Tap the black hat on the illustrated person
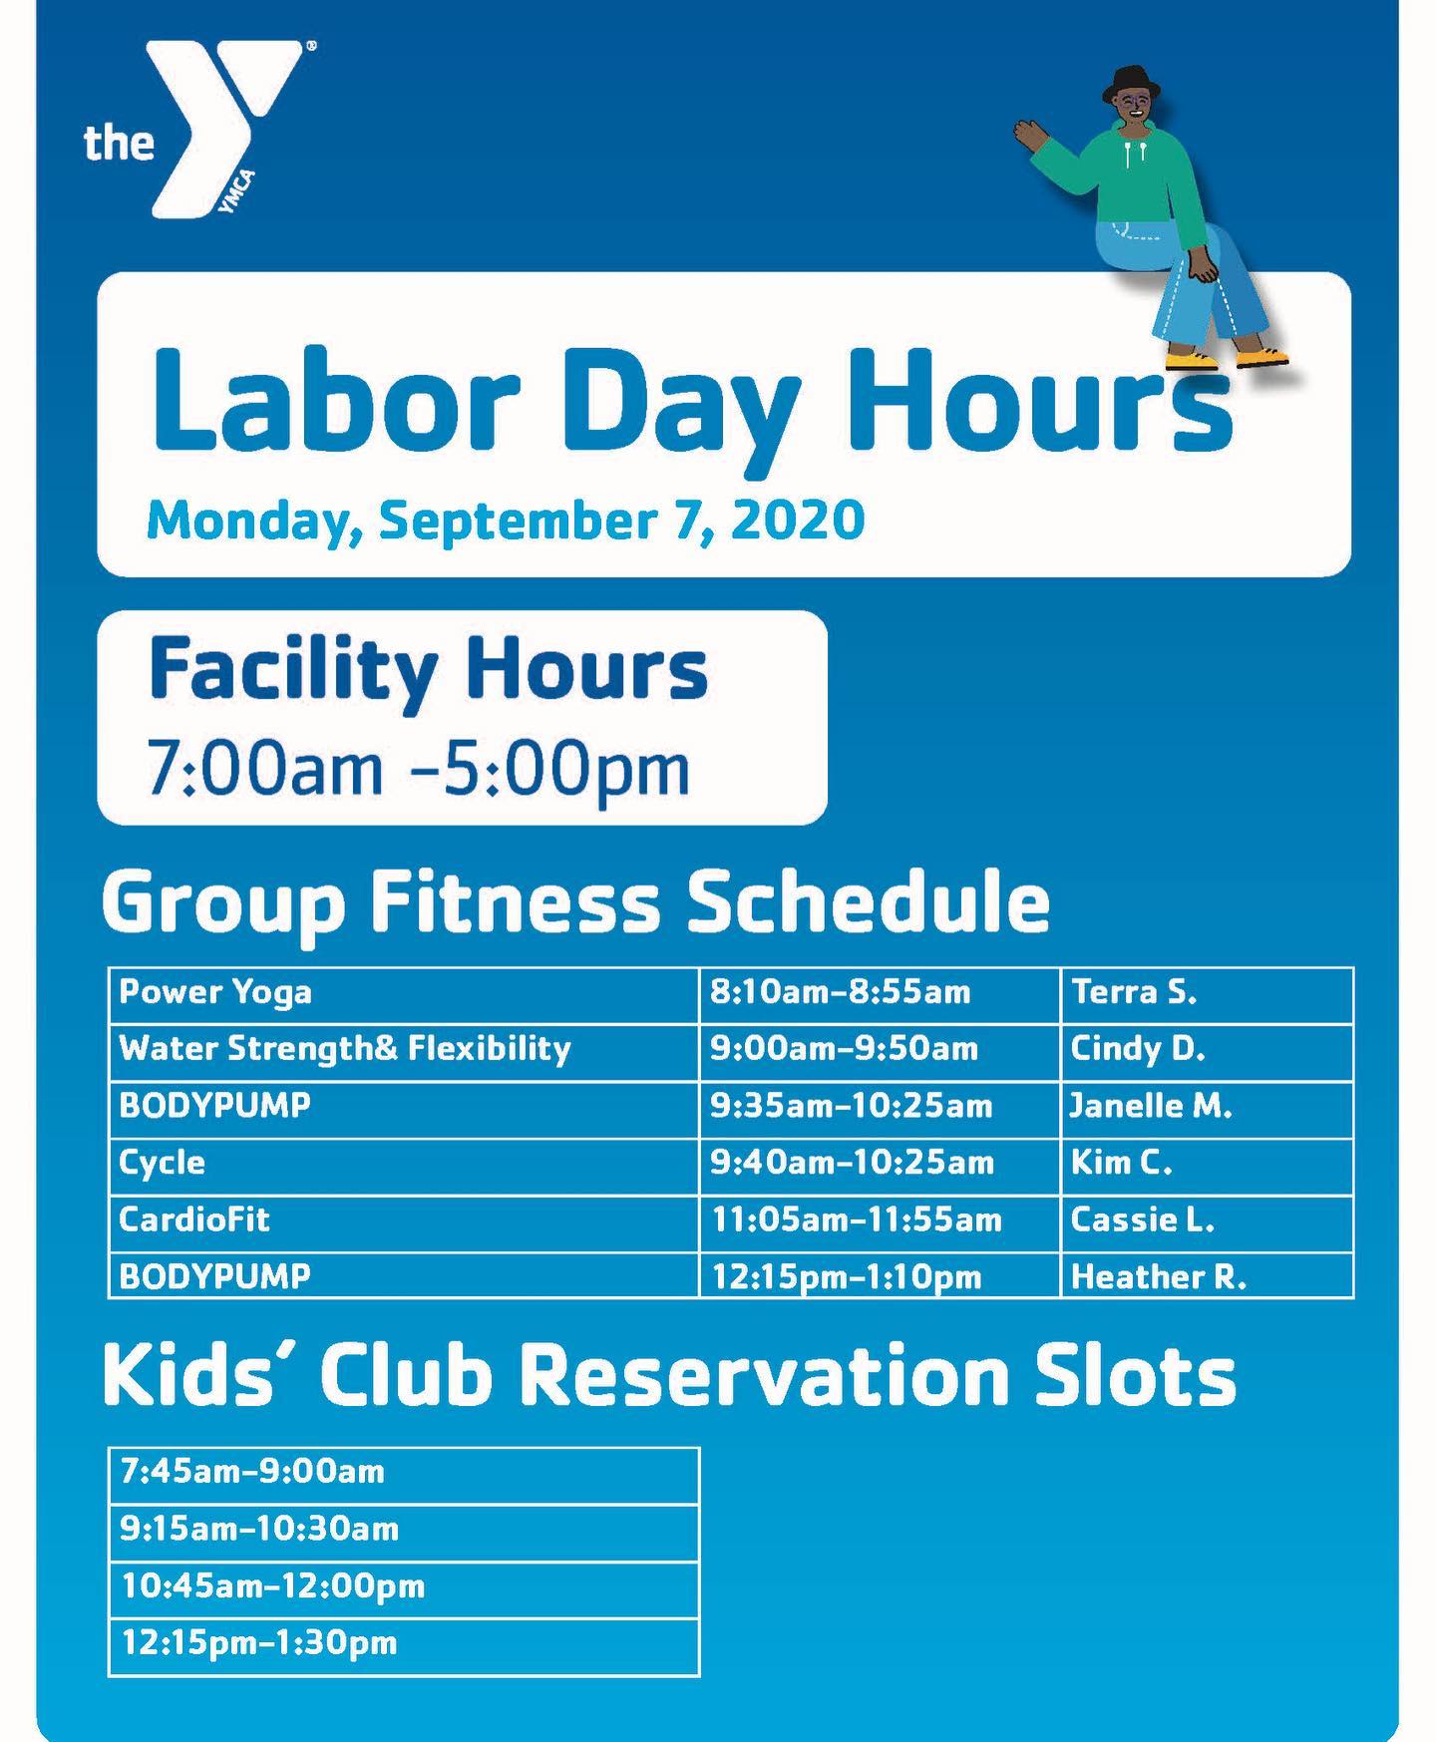(1130, 84)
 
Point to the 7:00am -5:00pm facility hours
(418, 768)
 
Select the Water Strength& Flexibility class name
(345, 1049)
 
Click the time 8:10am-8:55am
(840, 992)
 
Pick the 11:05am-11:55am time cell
(856, 1219)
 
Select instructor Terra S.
(1134, 992)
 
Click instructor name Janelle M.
(1151, 1106)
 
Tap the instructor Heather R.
(1159, 1277)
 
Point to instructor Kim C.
(1122, 1163)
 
